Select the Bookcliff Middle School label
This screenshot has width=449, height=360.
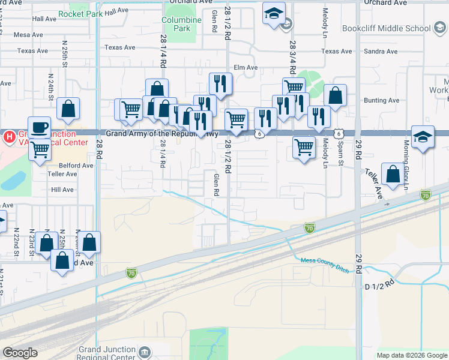pos(387,28)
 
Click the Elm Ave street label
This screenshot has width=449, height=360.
pos(246,68)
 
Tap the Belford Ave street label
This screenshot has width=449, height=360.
pos(76,166)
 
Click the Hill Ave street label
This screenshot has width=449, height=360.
pos(62,190)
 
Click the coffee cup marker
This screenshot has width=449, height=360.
pos(40,127)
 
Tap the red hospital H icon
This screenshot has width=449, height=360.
pos(9,136)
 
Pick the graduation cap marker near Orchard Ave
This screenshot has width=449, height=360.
pos(274,14)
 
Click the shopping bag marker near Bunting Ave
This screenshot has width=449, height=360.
pos(335,95)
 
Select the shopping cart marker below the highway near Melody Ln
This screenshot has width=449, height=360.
pos(304,146)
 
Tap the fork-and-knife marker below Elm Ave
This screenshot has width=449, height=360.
pos(220,83)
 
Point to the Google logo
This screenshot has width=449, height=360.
pos(20,353)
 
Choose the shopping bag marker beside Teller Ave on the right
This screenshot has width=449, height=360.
pos(393,174)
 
